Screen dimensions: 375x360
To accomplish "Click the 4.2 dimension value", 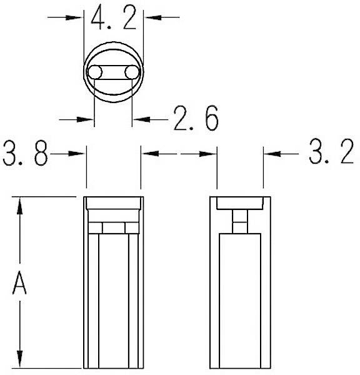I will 113,17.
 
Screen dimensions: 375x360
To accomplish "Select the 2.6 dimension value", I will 195,118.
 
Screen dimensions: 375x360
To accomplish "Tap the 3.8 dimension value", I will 25,153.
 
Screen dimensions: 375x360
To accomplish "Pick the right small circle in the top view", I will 131,73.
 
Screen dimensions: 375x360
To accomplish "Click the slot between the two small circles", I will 112,73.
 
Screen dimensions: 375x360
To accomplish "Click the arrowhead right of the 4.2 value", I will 152,17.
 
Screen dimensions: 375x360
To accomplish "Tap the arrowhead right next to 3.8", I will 77,152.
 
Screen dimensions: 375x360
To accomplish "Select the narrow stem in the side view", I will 240,221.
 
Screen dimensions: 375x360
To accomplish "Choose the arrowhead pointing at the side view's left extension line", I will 209,152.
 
